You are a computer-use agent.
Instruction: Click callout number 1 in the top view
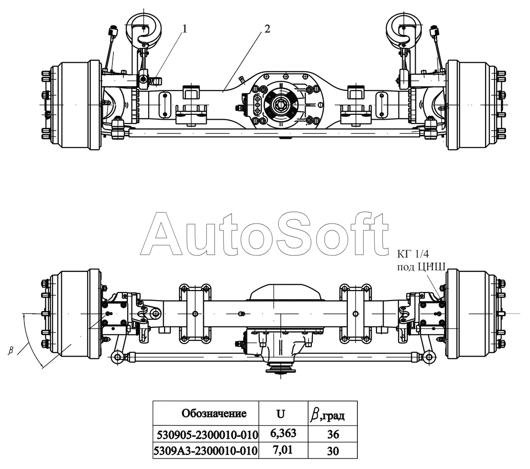184,29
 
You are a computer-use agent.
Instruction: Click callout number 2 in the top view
267,29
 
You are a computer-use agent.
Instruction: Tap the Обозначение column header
214,413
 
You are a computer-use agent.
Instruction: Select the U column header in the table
281,413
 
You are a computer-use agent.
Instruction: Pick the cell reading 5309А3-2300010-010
206,451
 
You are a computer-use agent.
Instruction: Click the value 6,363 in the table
283,433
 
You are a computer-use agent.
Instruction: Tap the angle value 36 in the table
333,434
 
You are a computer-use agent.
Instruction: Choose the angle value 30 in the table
333,451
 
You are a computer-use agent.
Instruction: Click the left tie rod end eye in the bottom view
116,357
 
